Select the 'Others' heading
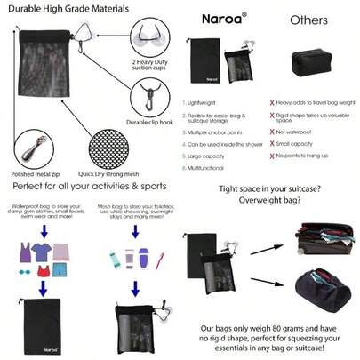(307, 19)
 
